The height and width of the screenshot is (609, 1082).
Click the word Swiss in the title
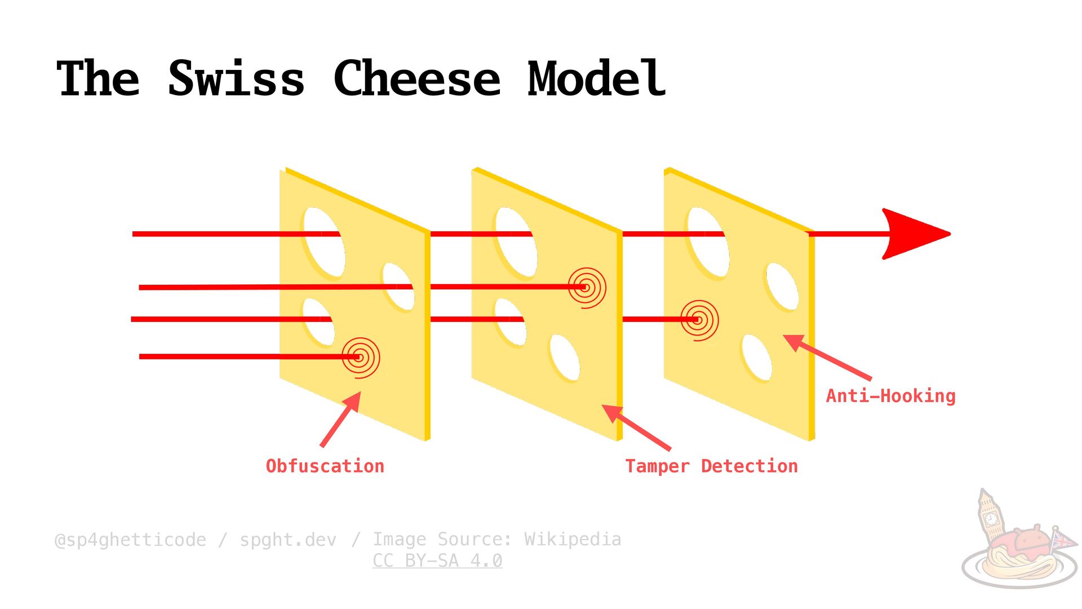[237, 79]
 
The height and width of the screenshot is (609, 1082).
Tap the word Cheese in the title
[417, 79]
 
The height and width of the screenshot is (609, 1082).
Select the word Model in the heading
[596, 79]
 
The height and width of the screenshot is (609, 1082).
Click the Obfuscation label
[325, 466]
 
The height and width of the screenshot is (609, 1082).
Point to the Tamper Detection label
[711, 466]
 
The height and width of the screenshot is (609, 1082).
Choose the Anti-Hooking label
[890, 396]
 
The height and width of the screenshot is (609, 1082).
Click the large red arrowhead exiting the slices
[913, 233]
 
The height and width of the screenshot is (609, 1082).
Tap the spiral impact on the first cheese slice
[361, 357]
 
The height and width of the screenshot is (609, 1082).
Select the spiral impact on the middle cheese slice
[587, 288]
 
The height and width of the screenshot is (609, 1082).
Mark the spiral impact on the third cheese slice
[699, 320]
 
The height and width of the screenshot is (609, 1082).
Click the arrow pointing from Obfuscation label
[340, 420]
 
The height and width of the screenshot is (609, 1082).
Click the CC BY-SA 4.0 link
[437, 561]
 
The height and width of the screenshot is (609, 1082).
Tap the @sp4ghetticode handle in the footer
[130, 540]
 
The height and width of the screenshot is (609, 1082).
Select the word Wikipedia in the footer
[573, 539]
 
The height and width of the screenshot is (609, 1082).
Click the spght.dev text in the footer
[288, 540]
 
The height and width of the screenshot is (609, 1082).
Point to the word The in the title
[98, 79]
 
